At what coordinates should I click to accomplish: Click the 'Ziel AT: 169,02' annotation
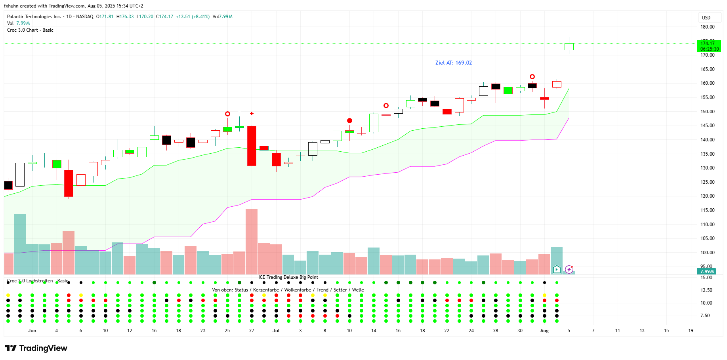[453, 63]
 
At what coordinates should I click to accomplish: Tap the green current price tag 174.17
[709, 46]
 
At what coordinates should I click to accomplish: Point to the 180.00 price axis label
[707, 27]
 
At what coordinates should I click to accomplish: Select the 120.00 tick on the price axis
[707, 196]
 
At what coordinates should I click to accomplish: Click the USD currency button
[706, 17]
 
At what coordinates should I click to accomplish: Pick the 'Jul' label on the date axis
[276, 331]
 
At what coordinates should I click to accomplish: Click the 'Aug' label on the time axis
[544, 331]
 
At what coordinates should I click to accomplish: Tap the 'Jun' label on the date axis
[32, 331]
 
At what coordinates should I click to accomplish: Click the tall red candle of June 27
[252, 146]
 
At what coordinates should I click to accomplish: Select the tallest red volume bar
[252, 242]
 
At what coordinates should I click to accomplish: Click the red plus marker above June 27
[252, 114]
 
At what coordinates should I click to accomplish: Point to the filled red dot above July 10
[349, 120]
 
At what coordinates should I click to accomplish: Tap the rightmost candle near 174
[569, 47]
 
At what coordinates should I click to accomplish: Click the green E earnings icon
[557, 270]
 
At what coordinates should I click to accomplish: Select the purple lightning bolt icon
[569, 270]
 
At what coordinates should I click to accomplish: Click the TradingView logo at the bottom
[36, 348]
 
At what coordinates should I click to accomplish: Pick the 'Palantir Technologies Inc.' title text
[34, 17]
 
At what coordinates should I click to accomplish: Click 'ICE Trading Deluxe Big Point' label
[288, 277]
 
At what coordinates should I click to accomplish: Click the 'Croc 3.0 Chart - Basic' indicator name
[30, 30]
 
